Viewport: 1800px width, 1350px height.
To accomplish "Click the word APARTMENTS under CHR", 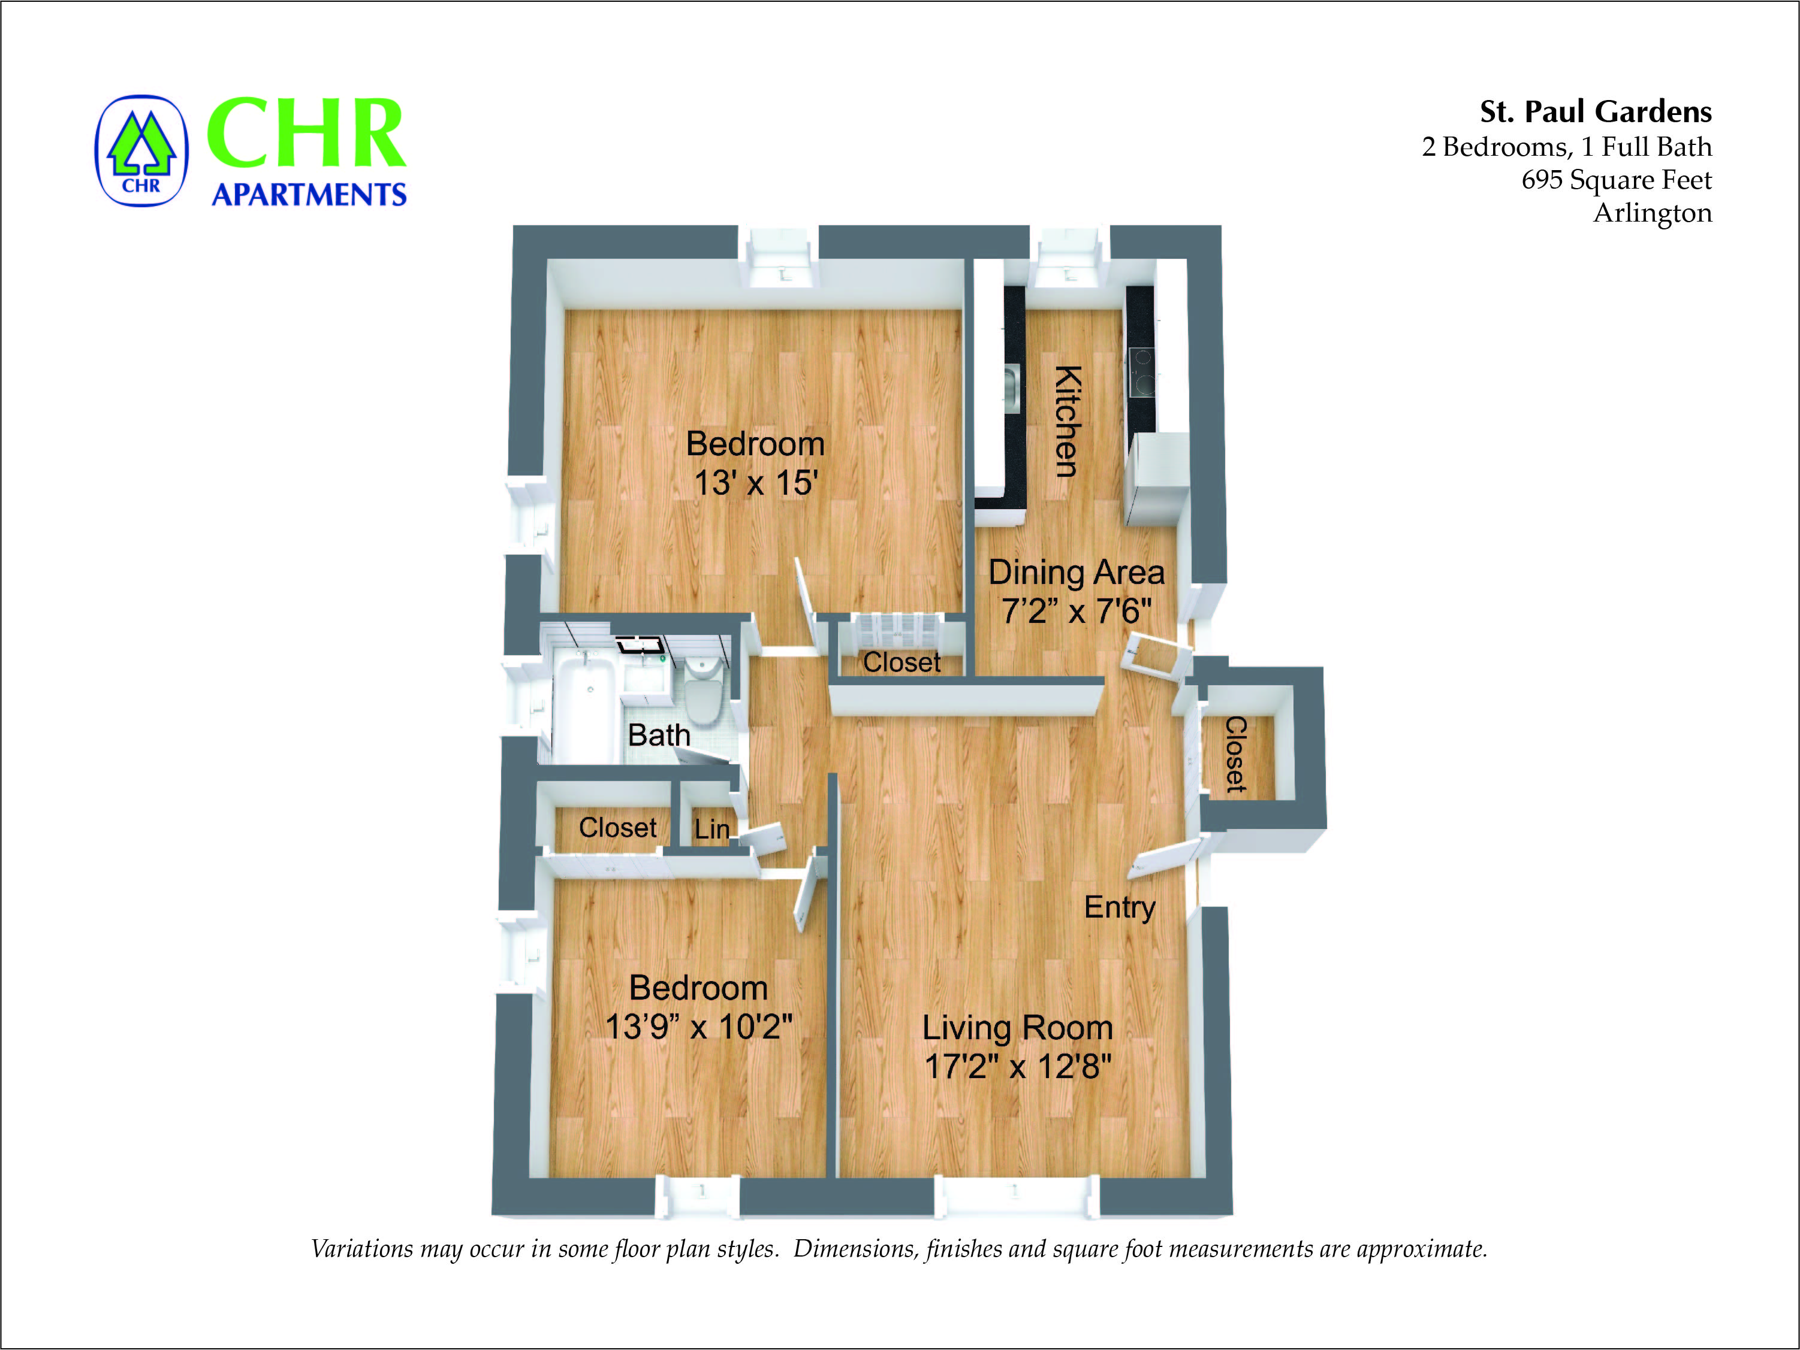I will point(309,195).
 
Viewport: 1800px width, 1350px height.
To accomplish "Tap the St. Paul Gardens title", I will point(1595,111).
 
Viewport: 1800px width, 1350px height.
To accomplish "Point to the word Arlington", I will point(1652,213).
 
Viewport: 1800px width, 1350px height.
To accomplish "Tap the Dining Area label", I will point(1076,573).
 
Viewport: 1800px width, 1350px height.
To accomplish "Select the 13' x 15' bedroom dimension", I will point(755,483).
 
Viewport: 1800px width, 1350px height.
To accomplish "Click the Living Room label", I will point(1017,1028).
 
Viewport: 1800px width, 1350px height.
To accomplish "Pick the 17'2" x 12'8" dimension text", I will point(1017,1066).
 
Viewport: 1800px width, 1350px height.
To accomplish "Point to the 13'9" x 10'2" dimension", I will point(698,1027).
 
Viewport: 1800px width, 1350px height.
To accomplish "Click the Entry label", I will point(1120,907).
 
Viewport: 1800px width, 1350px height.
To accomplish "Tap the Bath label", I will point(659,735).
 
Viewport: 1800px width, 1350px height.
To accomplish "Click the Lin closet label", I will point(711,830).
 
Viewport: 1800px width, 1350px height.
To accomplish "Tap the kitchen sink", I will point(1011,389).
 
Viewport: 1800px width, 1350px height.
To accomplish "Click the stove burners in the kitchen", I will point(1142,371).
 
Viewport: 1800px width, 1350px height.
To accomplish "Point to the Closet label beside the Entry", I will point(1235,754).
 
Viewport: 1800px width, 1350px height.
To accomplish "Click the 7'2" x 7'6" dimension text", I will point(1076,612).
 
